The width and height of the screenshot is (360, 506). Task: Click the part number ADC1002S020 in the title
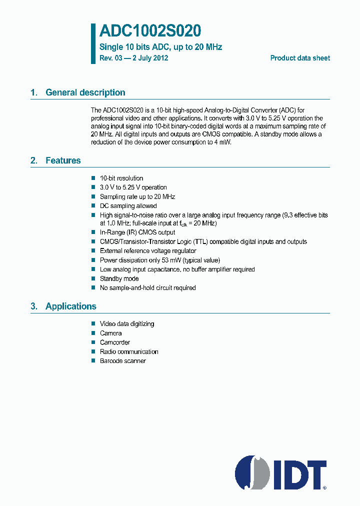pyautogui.click(x=150, y=31)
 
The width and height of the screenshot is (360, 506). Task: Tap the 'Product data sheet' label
pyautogui.click(x=300, y=58)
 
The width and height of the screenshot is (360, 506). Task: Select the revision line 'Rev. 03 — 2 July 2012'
pyautogui.click(x=133, y=58)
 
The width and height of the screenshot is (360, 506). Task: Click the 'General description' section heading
pyautogui.click(x=85, y=92)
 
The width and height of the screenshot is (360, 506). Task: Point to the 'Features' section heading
pyautogui.click(x=63, y=160)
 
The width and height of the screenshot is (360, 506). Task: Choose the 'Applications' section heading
pyautogui.click(x=70, y=306)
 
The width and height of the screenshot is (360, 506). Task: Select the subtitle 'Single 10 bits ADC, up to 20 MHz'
pyautogui.click(x=160, y=47)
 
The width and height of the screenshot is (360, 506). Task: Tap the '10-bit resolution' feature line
pyautogui.click(x=121, y=178)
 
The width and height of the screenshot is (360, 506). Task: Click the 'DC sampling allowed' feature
pyautogui.click(x=128, y=206)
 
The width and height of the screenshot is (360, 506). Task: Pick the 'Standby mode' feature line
pyautogui.click(x=119, y=278)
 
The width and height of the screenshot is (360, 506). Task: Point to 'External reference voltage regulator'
pyautogui.click(x=148, y=251)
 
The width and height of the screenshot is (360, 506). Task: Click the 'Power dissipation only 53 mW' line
pyautogui.click(x=159, y=260)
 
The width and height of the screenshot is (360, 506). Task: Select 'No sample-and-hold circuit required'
pyautogui.click(x=147, y=288)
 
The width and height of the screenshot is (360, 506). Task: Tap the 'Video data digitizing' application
pyautogui.click(x=127, y=324)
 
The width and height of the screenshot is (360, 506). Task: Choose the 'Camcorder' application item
pyautogui.click(x=115, y=342)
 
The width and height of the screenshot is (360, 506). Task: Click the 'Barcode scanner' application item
pyautogui.click(x=122, y=361)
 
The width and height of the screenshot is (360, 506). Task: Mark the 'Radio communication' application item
pyautogui.click(x=129, y=351)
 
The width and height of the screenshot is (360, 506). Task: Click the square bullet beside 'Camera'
pyautogui.click(x=93, y=333)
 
